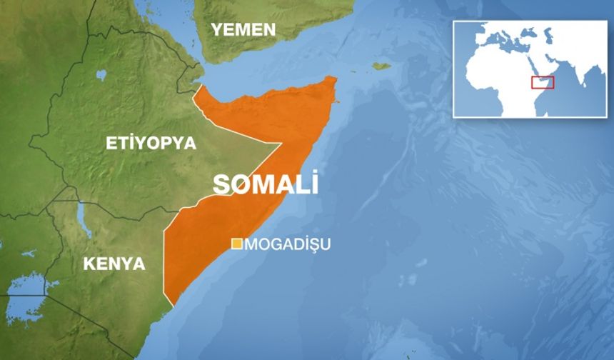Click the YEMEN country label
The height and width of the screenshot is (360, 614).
point(242,29)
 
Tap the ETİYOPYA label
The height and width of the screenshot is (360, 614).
point(151,143)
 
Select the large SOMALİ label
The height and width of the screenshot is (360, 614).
point(266,184)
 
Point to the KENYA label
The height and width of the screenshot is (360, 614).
point(114,264)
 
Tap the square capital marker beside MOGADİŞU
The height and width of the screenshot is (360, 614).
point(236,244)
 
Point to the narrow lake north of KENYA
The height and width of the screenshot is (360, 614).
point(84,219)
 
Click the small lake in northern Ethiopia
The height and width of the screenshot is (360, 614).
point(101,74)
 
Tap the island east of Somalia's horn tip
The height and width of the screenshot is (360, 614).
point(381,66)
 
